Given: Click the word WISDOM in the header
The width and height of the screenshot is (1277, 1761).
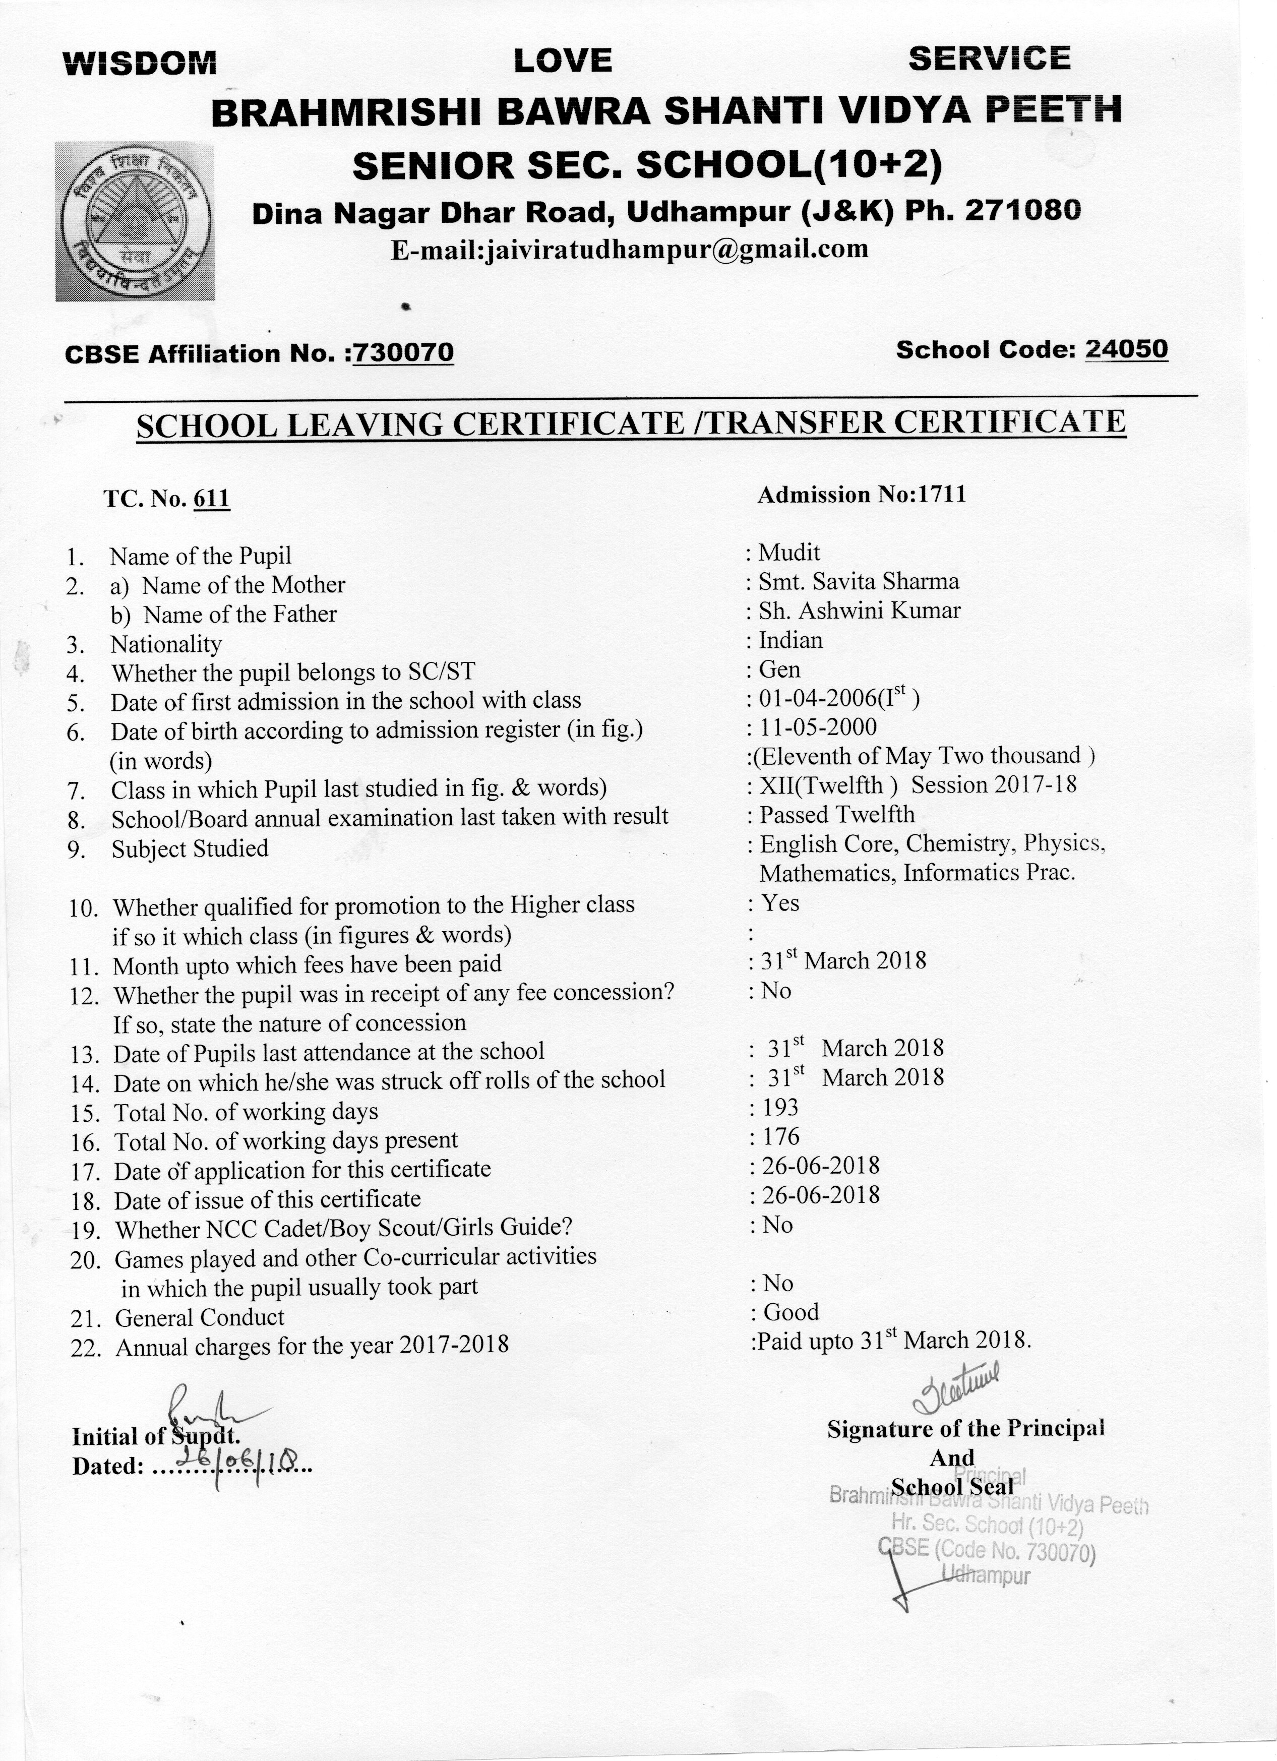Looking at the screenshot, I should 141,62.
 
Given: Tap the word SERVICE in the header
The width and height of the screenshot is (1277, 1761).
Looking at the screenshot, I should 989,59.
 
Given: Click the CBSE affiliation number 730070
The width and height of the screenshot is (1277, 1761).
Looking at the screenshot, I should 403,353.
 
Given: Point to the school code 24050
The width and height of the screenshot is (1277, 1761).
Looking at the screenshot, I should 1126,349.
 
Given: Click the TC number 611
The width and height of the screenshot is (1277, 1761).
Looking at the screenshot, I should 211,499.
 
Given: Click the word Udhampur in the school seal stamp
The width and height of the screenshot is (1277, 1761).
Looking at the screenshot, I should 986,1575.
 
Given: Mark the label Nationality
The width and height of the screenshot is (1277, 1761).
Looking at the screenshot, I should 166,644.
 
